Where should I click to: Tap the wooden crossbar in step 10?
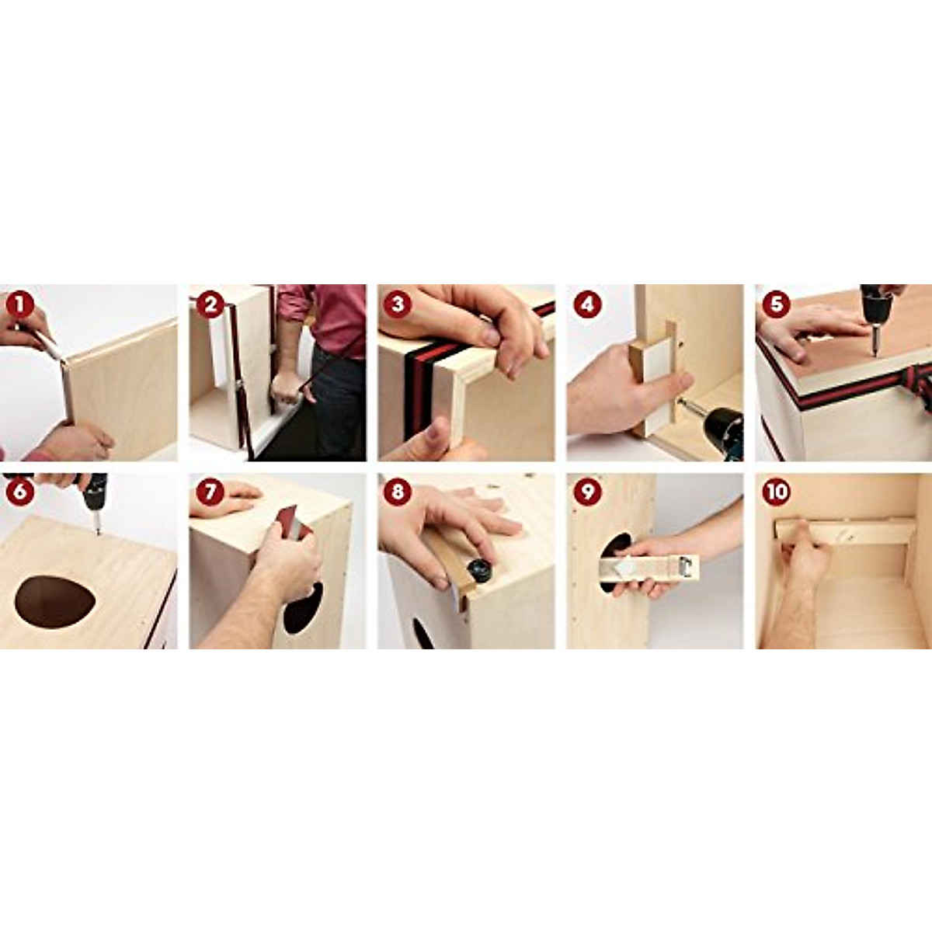point(847,532)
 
